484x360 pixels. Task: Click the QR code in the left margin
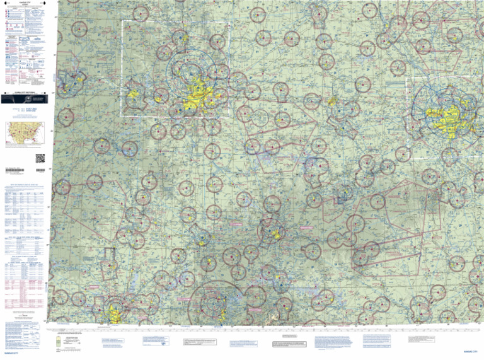(x=40, y=158)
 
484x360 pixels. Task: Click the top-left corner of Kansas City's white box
(x=122, y=21)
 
